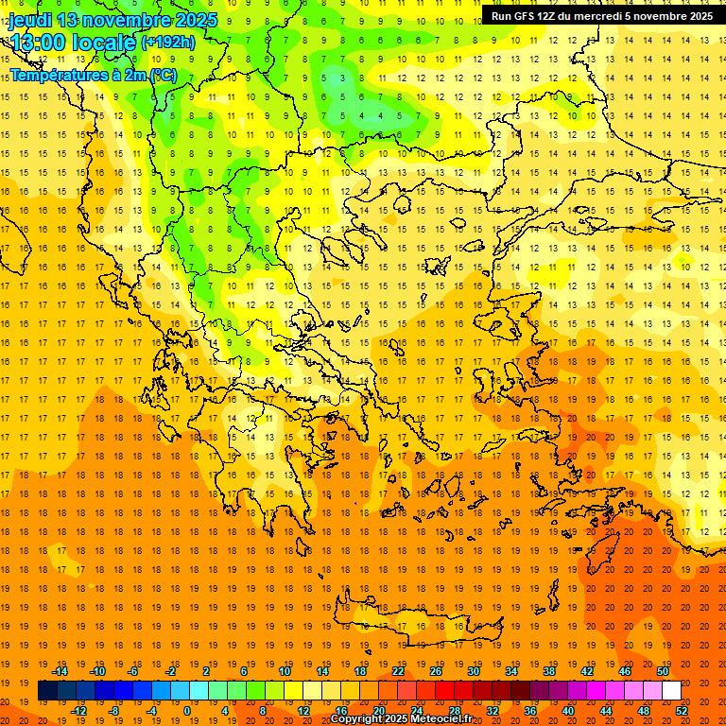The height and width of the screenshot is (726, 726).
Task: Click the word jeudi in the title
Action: point(30,20)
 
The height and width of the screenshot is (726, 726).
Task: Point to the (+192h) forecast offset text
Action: point(167,42)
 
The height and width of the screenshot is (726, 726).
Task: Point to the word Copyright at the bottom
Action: point(356,719)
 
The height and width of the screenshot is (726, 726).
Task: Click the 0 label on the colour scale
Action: point(186,711)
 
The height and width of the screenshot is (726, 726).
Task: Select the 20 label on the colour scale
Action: point(378,711)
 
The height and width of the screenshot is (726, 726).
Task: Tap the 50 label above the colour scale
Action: point(663,671)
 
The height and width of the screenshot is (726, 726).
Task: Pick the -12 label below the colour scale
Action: point(78,711)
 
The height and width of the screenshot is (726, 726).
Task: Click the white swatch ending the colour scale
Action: point(671,691)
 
